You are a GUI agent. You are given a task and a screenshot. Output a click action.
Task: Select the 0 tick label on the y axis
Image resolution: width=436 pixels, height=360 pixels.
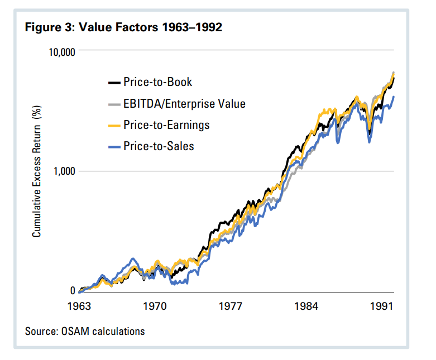click(72, 291)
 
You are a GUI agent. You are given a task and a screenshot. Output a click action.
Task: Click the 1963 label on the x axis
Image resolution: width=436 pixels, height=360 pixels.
click(80, 306)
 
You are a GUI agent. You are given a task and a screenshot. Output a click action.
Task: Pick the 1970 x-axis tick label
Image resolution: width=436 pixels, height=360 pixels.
click(155, 306)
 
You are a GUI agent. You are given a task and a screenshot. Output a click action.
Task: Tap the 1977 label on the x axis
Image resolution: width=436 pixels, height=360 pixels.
click(231, 306)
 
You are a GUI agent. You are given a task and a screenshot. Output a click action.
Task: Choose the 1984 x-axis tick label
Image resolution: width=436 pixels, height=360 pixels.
click(306, 306)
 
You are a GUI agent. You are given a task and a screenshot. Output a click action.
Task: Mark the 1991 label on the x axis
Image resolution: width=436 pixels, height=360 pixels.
click(382, 306)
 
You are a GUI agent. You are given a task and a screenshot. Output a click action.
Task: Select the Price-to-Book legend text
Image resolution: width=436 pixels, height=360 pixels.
click(157, 83)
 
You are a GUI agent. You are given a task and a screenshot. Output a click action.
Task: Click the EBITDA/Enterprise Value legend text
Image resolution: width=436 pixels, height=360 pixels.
click(184, 104)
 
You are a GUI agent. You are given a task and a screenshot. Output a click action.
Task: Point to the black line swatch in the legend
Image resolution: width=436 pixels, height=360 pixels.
click(114, 83)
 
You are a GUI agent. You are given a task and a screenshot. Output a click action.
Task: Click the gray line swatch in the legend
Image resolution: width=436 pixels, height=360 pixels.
click(114, 104)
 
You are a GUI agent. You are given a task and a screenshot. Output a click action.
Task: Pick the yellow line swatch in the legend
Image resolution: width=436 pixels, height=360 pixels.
click(114, 125)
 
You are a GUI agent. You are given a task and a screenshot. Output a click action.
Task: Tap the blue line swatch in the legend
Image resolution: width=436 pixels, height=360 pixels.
click(114, 146)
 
